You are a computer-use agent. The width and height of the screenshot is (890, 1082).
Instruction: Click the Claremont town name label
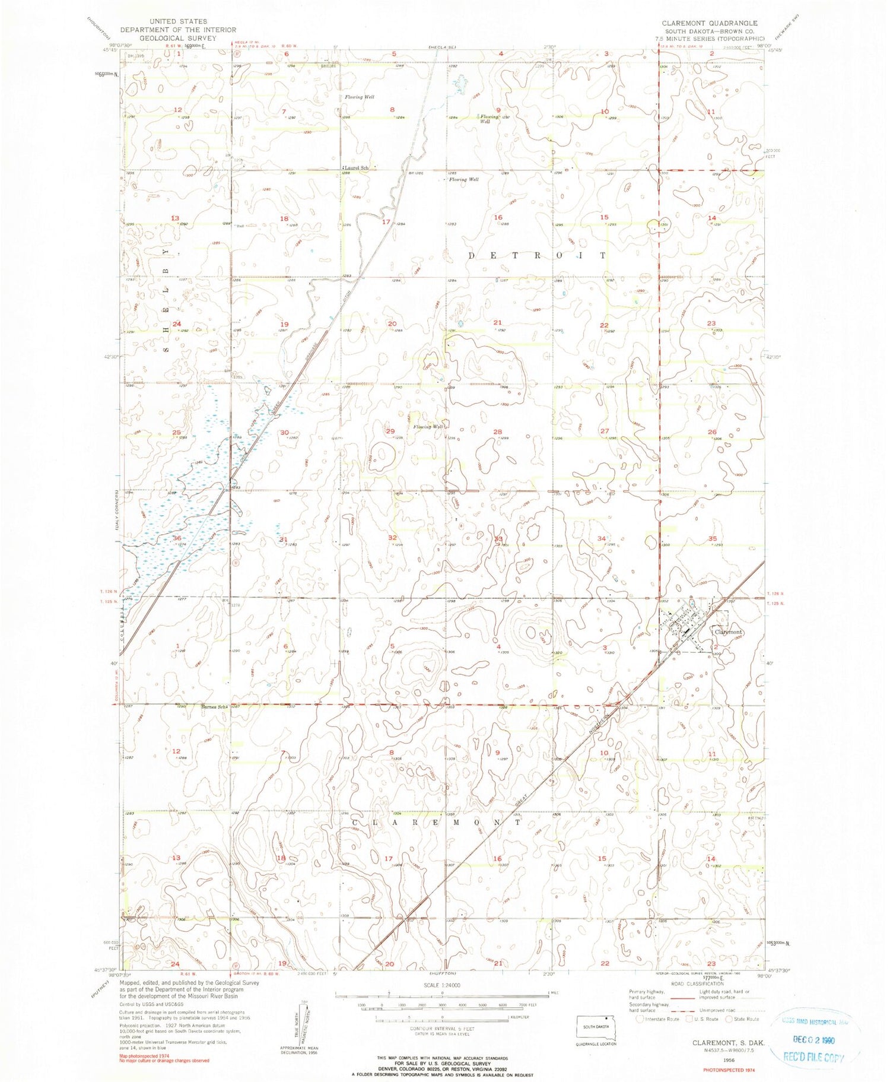[x=727, y=632]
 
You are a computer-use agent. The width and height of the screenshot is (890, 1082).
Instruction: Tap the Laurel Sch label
[x=356, y=168]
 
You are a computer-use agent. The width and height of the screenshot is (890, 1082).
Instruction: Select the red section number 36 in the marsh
[x=176, y=538]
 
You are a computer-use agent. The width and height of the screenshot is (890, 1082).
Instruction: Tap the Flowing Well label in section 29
[x=428, y=427]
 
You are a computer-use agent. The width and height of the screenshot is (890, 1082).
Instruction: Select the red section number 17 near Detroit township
[x=386, y=222]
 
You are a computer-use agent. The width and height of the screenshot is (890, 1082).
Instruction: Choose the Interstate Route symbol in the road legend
[x=639, y=1019]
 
